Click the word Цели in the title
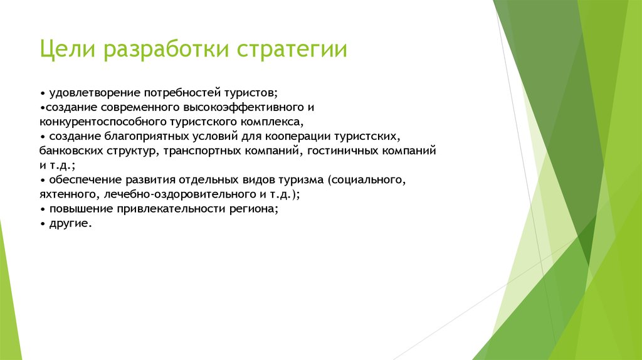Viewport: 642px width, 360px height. (67, 49)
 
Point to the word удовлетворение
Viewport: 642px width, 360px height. (95, 93)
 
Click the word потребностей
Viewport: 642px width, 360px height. (182, 93)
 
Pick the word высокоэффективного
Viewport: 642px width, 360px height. (243, 108)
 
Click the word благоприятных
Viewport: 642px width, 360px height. (146, 136)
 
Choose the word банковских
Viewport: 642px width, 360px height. (71, 151)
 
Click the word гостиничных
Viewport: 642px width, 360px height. (343, 151)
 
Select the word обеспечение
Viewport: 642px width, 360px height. (86, 180)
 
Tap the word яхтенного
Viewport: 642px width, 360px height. (69, 194)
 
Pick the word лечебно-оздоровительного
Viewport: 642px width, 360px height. (179, 194)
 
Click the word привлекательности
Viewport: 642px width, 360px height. (171, 209)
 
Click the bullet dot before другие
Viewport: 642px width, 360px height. (43, 224)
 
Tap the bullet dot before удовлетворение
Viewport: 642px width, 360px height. (43, 94)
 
